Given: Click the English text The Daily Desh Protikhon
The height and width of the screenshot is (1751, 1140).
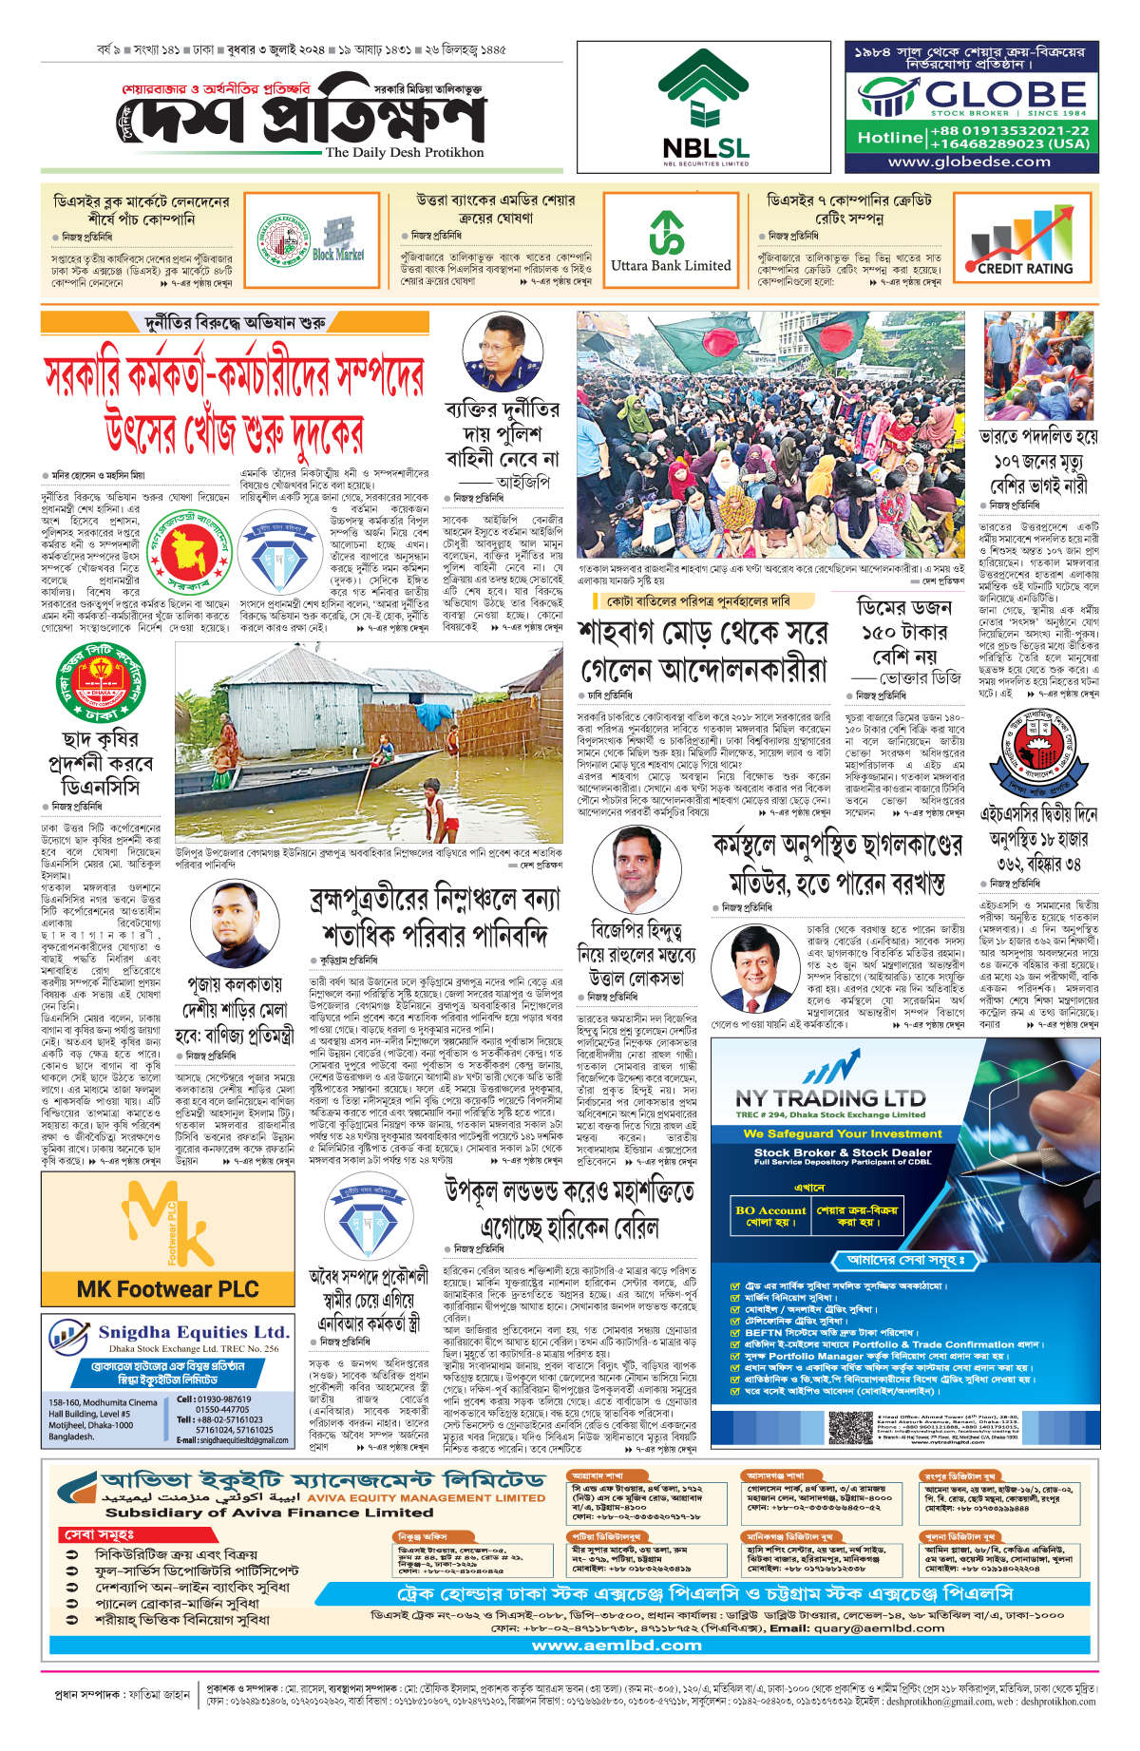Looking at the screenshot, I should tap(404, 152).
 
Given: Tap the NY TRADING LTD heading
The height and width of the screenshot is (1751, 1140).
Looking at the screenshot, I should tap(830, 1098).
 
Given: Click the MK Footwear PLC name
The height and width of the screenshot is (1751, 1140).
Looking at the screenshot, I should tap(167, 1289).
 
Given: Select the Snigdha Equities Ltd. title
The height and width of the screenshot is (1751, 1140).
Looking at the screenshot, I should tap(193, 1332).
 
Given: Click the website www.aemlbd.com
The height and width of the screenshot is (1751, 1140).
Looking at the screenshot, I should tap(617, 1645).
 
